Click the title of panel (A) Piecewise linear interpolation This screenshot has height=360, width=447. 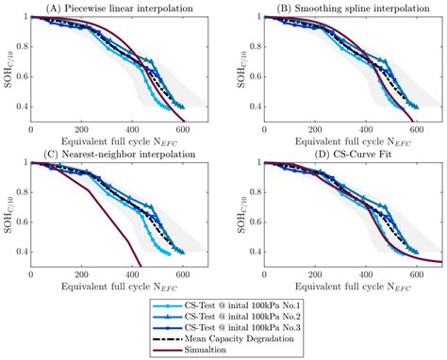pyautogui.click(x=118, y=8)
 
